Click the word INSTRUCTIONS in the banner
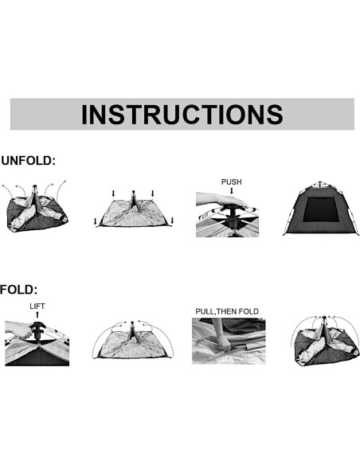(182, 114)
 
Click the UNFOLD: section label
(29, 161)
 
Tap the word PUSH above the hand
(231, 182)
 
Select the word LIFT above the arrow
(37, 306)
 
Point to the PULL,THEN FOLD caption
(227, 311)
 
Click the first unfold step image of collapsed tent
(35, 209)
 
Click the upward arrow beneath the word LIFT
(37, 318)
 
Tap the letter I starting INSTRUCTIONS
(85, 114)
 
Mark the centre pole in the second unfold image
(133, 199)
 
